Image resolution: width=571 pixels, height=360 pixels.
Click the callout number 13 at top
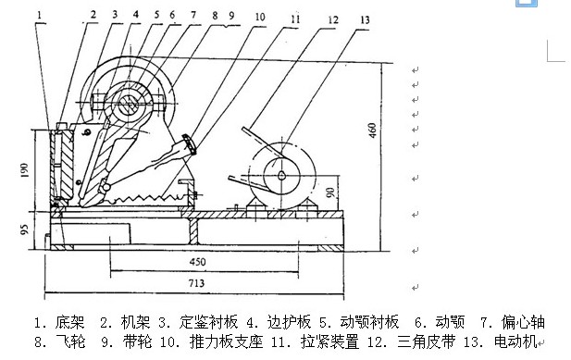tap(340, 18)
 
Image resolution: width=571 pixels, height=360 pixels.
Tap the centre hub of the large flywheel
tap(129, 106)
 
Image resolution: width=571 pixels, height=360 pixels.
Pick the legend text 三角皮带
tap(426, 343)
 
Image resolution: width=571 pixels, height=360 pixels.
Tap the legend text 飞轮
tap(68, 343)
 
